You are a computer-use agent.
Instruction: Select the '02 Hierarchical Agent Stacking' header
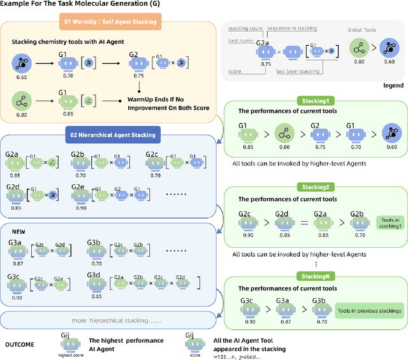point(112,135)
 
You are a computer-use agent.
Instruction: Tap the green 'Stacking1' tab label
point(314,101)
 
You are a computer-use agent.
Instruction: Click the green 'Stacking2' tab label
point(314,187)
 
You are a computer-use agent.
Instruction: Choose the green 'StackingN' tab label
point(314,275)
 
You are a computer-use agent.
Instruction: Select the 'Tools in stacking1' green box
point(390,220)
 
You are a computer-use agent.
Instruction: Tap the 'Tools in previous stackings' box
point(369,310)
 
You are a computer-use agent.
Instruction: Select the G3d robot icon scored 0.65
point(96,285)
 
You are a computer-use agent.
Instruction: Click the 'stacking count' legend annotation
point(244,27)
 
